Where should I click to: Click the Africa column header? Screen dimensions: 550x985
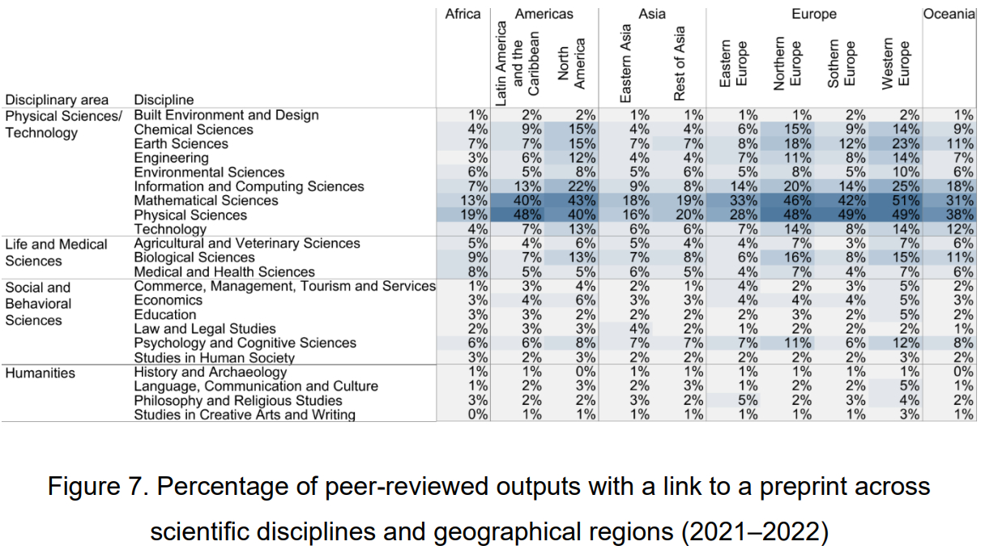463,14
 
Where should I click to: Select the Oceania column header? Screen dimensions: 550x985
949,14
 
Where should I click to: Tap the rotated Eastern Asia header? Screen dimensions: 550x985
626,63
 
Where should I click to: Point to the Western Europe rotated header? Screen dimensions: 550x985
895,62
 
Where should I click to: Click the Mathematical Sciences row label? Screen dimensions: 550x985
206,201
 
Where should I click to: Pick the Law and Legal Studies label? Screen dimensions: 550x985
204,329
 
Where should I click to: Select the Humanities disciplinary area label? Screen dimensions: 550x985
40,373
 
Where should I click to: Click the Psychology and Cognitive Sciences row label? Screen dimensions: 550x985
245,343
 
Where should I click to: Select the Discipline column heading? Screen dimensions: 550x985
164,100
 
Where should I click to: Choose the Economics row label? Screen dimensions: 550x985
168,301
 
